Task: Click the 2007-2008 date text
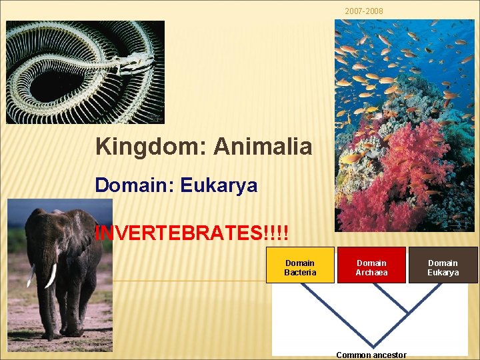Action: point(363,11)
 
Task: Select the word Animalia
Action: point(263,147)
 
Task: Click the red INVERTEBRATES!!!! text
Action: point(193,233)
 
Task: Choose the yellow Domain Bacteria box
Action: point(300,267)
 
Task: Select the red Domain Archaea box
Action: point(371,267)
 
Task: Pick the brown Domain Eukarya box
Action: point(443,267)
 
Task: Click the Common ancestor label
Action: point(371,355)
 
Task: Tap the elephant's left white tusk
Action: point(51,275)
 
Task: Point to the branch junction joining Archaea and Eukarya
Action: point(407,311)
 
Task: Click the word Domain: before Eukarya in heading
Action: point(133,185)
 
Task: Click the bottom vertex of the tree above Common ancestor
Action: point(371,345)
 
